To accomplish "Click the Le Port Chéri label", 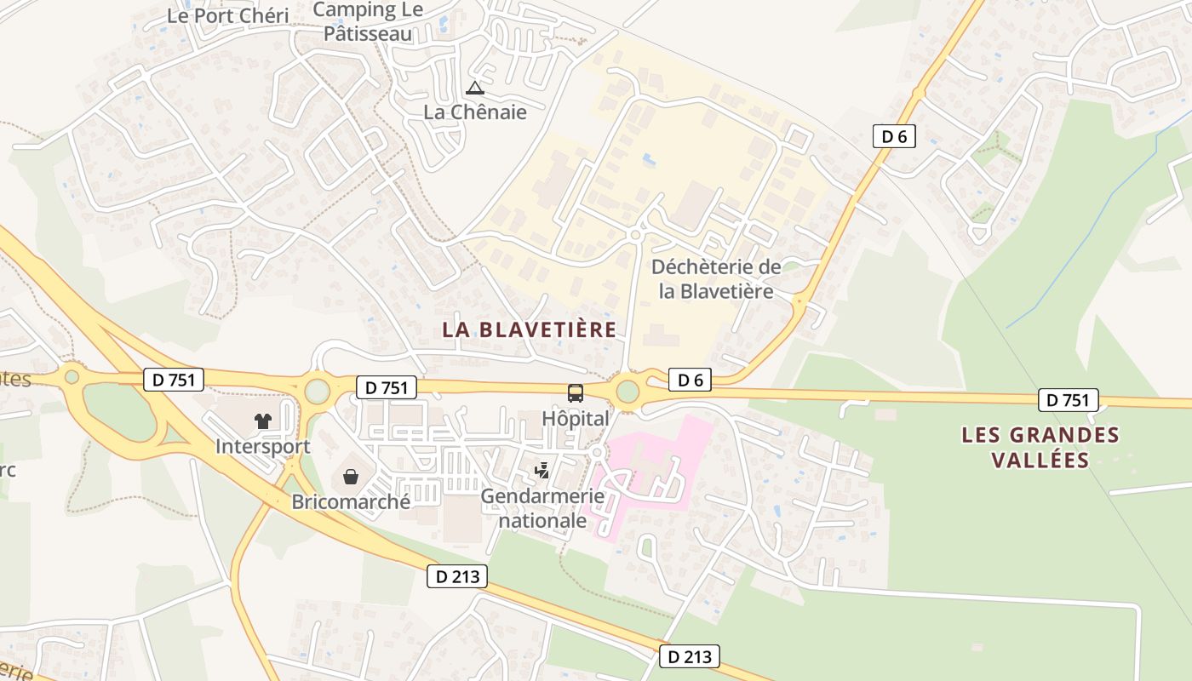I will [227, 15].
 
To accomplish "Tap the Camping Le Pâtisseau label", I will [367, 22].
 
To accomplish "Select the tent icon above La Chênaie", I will [475, 88].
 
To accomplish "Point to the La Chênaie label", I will [475, 112].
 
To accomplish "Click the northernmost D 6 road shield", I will [893, 135].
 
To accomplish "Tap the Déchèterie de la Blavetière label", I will [716, 278].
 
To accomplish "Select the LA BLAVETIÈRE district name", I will [529, 329].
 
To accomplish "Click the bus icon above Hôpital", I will [576, 392].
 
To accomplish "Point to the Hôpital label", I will [576, 419].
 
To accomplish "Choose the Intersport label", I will [262, 446].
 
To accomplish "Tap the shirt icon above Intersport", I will [262, 421].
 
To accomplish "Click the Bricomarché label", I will [351, 501].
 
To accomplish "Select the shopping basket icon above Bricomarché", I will [350, 477].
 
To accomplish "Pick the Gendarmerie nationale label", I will [543, 507].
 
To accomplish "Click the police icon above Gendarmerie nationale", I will [542, 470].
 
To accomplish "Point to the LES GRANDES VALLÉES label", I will [1040, 447].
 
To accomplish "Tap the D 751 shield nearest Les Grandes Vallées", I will [1068, 399].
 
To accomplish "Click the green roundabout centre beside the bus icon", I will [628, 392].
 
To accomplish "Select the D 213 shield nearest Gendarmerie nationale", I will [457, 576].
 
